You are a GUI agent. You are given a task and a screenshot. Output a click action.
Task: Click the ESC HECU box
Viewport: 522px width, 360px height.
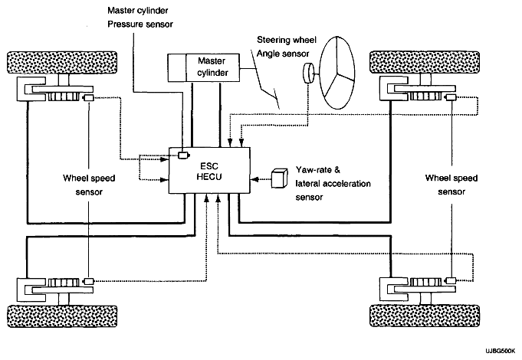tap(209, 170)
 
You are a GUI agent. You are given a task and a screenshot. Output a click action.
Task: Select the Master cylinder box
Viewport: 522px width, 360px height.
tap(203, 67)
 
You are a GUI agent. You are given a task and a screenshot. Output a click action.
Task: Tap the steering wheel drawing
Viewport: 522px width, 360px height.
tap(337, 73)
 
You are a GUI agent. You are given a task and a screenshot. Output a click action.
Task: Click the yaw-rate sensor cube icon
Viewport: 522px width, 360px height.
tap(279, 178)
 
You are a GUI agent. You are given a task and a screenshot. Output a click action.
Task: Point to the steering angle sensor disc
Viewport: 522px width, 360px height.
tap(308, 74)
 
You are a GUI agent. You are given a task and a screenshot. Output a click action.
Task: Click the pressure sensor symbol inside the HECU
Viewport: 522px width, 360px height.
tap(183, 155)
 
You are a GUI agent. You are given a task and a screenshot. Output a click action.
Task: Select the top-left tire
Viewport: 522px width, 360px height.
tap(62, 63)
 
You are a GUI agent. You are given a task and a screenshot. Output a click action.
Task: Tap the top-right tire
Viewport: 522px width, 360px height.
tap(425, 62)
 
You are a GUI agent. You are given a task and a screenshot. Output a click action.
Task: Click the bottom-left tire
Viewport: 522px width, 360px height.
tap(62, 316)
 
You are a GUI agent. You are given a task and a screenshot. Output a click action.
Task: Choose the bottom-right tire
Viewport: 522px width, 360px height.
tap(425, 316)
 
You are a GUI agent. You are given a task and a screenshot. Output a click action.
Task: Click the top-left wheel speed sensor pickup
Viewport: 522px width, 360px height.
tap(88, 98)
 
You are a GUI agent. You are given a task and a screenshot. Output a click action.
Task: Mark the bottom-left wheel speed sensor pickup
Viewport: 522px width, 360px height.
tap(88, 281)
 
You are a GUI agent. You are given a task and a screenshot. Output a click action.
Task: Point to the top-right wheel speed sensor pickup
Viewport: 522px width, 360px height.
tap(451, 97)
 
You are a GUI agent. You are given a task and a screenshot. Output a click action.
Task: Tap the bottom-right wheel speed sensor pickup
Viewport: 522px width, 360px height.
tap(451, 280)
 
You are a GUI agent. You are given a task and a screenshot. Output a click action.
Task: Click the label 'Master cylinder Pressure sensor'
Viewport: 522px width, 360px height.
tap(140, 18)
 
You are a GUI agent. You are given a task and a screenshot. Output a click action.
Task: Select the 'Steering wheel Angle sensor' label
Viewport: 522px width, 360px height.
tap(287, 47)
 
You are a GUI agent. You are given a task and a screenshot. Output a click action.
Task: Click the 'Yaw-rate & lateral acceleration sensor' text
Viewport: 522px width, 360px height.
tap(333, 183)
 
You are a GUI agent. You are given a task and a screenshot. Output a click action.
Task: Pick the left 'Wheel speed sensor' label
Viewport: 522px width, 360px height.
tap(89, 185)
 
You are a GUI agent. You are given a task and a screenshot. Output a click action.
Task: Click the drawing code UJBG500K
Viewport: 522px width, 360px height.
tap(500, 352)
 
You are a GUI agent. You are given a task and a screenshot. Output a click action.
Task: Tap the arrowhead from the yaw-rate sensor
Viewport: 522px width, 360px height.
tap(254, 179)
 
